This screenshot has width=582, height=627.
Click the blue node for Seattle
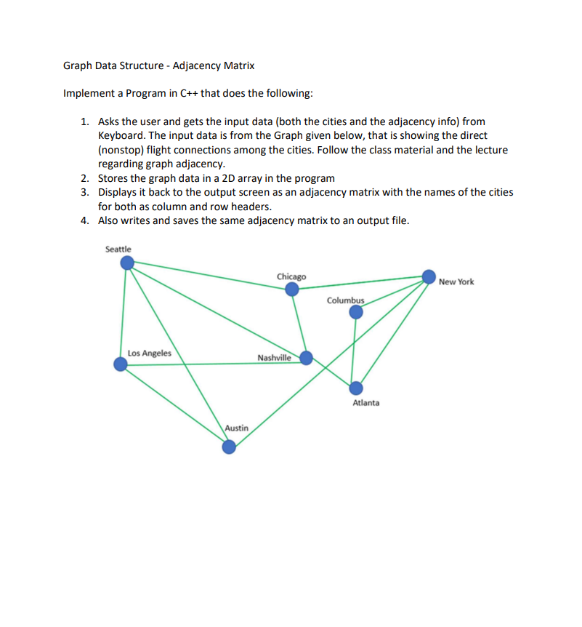[x=126, y=262]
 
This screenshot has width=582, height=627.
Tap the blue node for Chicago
[x=291, y=289]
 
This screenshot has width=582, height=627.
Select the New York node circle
[x=429, y=276]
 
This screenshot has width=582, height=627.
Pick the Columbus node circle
[x=355, y=312]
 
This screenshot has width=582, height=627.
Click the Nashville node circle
[x=306, y=357]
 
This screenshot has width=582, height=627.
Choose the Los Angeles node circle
[x=121, y=364]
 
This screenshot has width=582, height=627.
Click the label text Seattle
[x=118, y=249]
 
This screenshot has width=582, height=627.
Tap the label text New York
[x=456, y=281]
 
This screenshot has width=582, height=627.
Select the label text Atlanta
[x=365, y=402]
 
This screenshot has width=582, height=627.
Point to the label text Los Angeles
[x=150, y=354]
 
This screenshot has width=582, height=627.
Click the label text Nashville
[x=274, y=357]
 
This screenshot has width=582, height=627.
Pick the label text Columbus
[x=344, y=300]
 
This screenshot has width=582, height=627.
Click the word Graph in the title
[x=76, y=66]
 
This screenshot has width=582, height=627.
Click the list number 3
[x=85, y=192]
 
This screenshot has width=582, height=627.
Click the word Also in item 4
[x=109, y=220]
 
